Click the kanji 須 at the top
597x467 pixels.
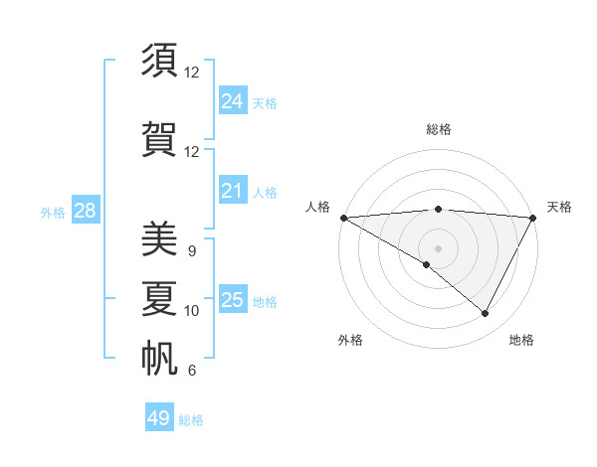tap(160, 61)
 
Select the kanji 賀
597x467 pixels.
tap(160, 138)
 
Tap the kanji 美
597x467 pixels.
tap(160, 239)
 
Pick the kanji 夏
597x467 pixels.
tap(160, 298)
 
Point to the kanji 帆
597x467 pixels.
tap(160, 359)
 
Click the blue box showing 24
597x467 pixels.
tap(232, 101)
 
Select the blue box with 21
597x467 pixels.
tap(232, 191)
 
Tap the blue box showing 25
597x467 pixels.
tap(232, 300)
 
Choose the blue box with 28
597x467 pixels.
tap(84, 211)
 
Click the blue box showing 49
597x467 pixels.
tap(159, 418)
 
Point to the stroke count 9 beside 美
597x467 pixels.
tap(191, 251)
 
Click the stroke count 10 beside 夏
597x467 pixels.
tap(192, 311)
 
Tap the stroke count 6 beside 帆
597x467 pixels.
tap(191, 371)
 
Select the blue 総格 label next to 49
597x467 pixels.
tap(191, 420)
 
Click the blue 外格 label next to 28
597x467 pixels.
tap(53, 213)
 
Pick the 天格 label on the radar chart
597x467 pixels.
tap(559, 207)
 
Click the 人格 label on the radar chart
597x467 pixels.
tap(317, 207)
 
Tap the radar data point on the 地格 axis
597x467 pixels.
tap(486, 313)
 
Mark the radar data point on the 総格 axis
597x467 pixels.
tap(438, 209)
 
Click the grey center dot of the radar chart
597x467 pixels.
tap(438, 247)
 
